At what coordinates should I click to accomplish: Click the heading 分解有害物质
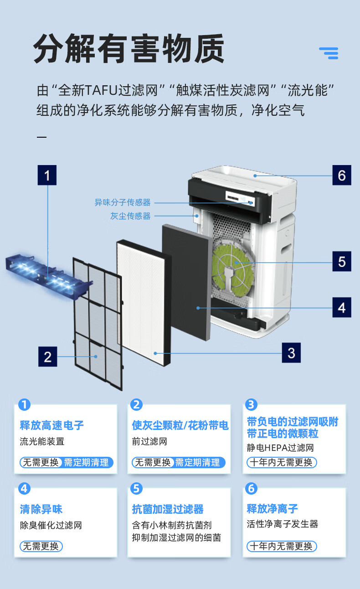[x=129, y=49]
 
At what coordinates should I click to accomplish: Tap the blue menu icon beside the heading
[x=329, y=53]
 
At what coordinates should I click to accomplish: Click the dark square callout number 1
[x=47, y=175]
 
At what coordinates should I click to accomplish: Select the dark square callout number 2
[x=47, y=356]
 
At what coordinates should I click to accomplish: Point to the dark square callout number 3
[x=291, y=352]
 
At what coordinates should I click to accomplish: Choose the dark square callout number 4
[x=341, y=307]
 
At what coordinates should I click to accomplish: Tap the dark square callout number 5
[x=341, y=262]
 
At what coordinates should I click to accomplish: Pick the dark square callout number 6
[x=341, y=176]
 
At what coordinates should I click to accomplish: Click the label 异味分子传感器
[x=122, y=202]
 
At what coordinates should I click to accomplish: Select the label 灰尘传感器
[x=130, y=216]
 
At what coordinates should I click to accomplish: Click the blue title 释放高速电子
[x=52, y=425]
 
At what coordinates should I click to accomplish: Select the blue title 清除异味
[x=41, y=509]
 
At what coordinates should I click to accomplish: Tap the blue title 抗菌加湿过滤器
[x=168, y=509]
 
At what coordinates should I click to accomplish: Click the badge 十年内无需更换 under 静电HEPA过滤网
[x=282, y=462]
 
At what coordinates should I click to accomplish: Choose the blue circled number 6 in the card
[x=251, y=488]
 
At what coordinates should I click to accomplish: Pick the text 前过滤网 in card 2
[x=149, y=441]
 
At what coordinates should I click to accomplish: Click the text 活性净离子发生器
[x=283, y=524]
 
